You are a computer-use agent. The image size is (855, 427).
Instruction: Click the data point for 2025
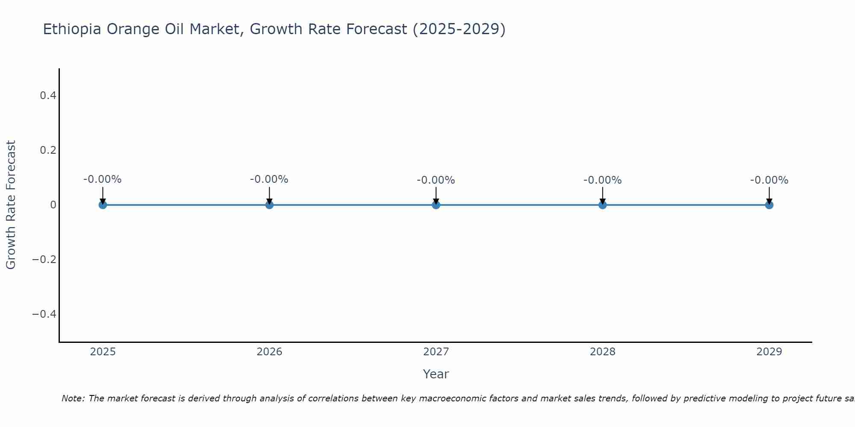click(x=103, y=205)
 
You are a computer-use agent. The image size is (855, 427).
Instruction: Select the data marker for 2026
click(x=269, y=205)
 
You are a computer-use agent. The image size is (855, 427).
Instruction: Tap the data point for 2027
click(x=436, y=205)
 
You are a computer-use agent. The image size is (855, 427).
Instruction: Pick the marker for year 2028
click(x=602, y=205)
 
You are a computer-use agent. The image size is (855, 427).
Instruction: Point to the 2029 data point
click(x=769, y=205)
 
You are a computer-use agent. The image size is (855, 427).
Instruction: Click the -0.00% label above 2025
click(x=103, y=180)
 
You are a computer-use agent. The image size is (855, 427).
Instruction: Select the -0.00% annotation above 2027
click(x=436, y=181)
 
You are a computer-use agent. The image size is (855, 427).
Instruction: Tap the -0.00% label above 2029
click(x=769, y=181)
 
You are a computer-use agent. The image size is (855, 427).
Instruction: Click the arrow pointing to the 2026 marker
click(x=269, y=195)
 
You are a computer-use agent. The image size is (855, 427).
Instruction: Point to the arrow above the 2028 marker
click(x=602, y=195)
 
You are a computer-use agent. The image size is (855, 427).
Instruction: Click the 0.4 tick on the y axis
click(x=48, y=96)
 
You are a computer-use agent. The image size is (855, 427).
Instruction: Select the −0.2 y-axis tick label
click(x=44, y=260)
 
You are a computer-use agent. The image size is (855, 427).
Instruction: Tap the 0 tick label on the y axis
click(x=53, y=205)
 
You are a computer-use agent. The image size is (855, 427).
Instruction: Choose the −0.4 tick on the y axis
click(x=44, y=314)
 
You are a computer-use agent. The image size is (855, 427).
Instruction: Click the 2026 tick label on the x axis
click(x=269, y=352)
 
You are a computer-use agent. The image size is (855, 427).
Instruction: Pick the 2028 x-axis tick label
click(x=602, y=352)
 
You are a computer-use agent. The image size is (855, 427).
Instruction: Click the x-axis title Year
click(x=436, y=374)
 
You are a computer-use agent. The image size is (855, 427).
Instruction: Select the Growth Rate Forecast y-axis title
click(x=11, y=205)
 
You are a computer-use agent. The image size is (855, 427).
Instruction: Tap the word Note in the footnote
click(x=73, y=398)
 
